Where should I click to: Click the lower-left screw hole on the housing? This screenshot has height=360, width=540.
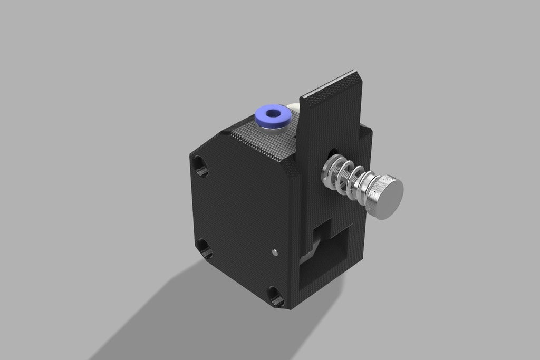tap(205, 248)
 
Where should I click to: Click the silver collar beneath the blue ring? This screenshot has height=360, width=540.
tap(273, 127)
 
